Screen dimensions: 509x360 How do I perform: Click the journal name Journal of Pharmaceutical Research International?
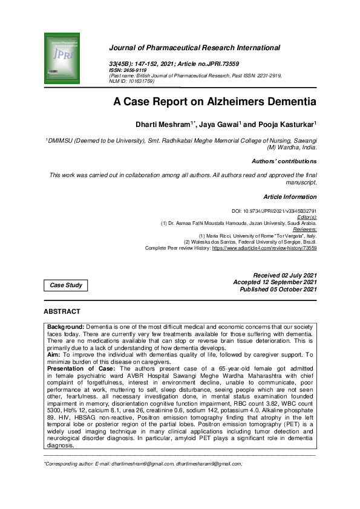194,48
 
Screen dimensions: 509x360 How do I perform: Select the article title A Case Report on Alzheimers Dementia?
215,102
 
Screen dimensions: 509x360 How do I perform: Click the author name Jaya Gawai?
223,125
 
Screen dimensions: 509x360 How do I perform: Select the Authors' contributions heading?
284,161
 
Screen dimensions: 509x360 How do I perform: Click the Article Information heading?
290,197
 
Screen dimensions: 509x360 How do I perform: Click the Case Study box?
66,285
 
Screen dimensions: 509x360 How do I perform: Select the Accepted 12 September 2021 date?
275,282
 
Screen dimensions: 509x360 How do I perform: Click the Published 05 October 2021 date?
278,290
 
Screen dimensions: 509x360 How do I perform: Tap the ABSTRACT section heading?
62,311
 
